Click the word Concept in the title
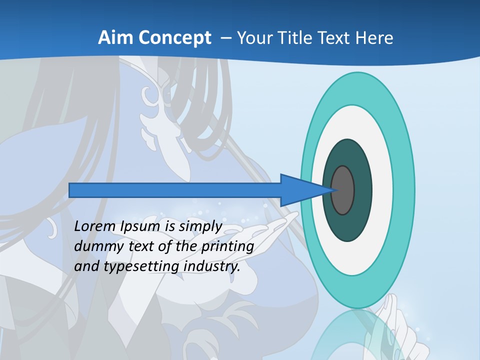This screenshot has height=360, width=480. tap(175, 38)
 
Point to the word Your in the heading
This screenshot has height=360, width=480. tap(253, 38)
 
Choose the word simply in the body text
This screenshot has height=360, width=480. tap(200, 226)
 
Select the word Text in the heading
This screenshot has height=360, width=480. tap(332, 38)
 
